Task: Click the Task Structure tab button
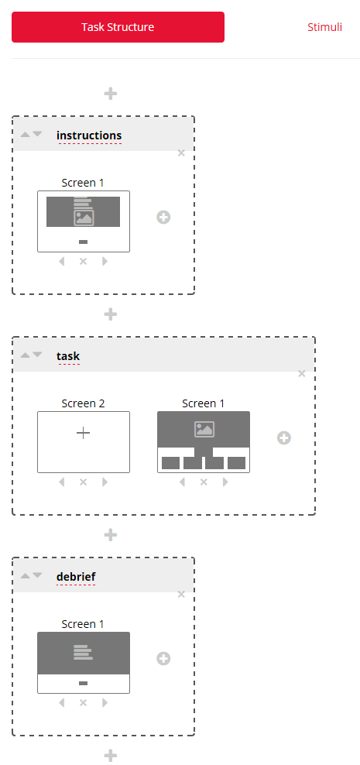coord(118,27)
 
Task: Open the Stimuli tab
coord(324,27)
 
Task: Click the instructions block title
coord(89,136)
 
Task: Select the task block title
coord(68,356)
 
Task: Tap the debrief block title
coord(76,577)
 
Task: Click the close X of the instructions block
coord(181,153)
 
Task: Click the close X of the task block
coord(302,374)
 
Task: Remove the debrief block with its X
coord(181,594)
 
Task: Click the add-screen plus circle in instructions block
coord(163,217)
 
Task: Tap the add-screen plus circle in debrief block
coord(163,659)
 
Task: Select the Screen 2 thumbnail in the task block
coord(84,442)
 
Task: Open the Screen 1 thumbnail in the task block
coord(204,442)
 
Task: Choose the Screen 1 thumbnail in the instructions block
coord(84,221)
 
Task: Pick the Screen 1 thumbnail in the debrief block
coord(84,663)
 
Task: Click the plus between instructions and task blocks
coord(111,314)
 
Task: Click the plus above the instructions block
coord(111,93)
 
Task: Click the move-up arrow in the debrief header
coord(25,576)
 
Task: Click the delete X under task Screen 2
coord(84,482)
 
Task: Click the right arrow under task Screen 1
coord(225,482)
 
